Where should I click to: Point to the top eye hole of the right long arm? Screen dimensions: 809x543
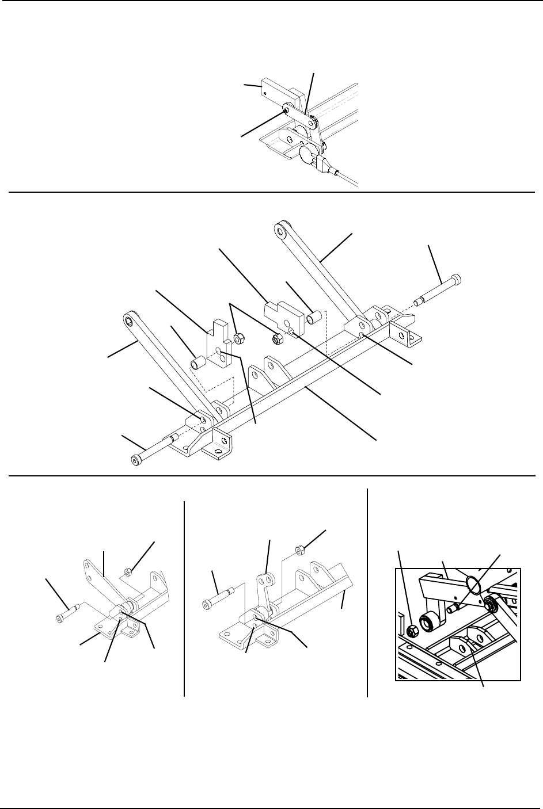(281, 231)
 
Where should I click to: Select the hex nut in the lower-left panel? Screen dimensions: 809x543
(130, 573)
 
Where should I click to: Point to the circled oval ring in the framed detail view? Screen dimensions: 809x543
(474, 585)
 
